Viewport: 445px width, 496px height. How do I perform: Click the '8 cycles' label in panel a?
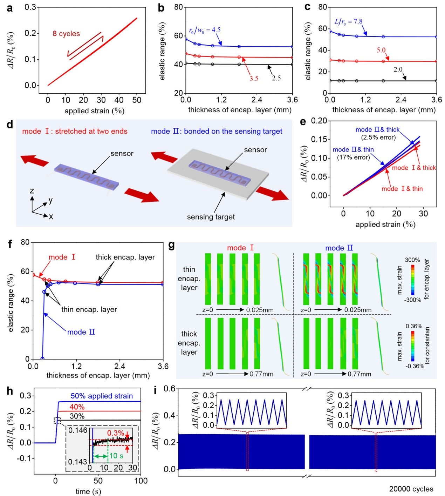coord(66,34)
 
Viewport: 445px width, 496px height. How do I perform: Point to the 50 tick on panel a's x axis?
coord(137,100)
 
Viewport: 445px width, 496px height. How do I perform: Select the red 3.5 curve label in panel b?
coord(254,79)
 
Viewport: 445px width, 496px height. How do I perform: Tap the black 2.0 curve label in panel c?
coord(398,69)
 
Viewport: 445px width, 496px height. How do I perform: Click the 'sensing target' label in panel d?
coord(211,217)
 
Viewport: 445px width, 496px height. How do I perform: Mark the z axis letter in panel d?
coord(32,191)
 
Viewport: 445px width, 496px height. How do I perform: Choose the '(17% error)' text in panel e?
coord(353,157)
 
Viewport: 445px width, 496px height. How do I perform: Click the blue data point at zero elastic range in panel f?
coord(42,358)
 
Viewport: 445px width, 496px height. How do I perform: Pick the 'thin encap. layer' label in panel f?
coord(89,309)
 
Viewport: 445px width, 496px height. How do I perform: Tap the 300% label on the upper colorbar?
coord(412,260)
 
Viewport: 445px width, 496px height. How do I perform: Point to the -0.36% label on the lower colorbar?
coord(415,366)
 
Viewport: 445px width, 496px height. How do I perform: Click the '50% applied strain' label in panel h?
coord(102,396)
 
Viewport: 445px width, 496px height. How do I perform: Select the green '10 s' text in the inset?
coord(116,456)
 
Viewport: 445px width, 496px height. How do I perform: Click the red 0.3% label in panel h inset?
coord(115,433)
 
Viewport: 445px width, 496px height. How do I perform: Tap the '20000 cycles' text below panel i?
coord(411,489)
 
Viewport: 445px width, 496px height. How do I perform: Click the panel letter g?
coord(171,245)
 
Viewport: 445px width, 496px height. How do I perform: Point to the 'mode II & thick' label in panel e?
coord(377,129)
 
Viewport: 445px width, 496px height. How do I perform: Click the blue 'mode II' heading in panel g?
coord(339,248)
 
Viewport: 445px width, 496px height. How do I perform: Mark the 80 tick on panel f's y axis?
coord(25,242)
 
